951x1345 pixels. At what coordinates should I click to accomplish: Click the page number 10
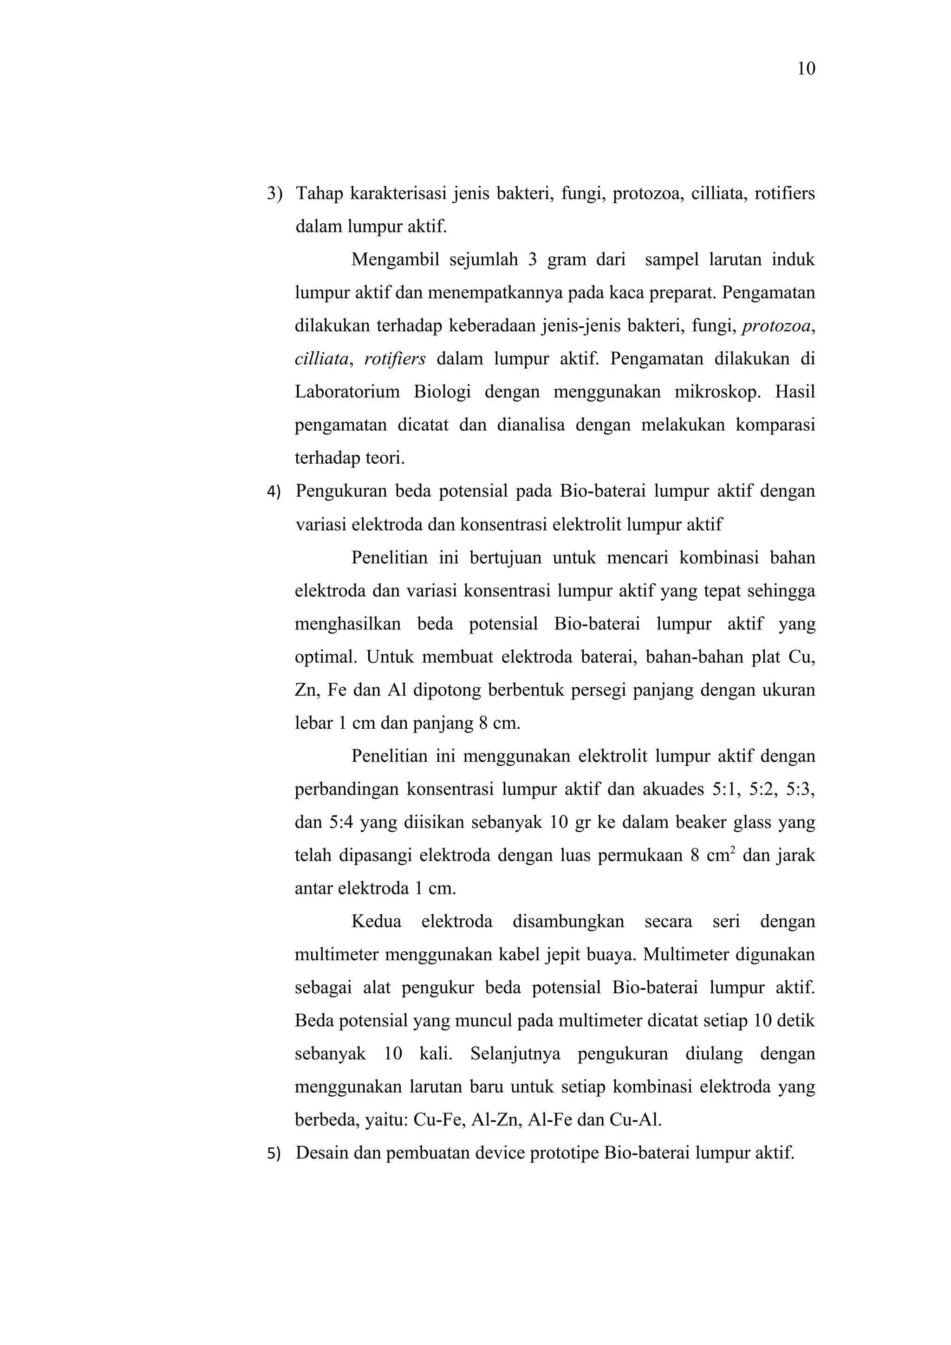point(806,69)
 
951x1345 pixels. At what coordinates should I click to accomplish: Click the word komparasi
point(775,425)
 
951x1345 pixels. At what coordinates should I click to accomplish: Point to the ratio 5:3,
point(801,789)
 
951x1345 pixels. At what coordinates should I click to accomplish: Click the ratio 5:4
point(340,823)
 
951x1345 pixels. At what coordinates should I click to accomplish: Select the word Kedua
point(376,922)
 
